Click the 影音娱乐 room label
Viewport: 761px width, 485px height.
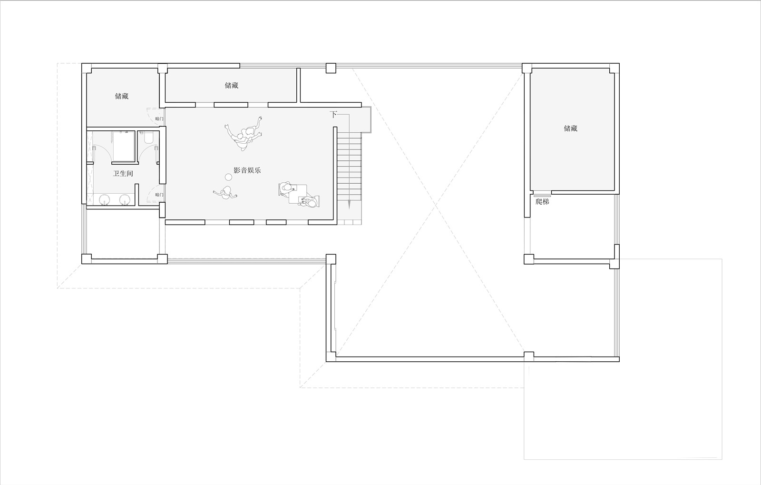[x=247, y=170]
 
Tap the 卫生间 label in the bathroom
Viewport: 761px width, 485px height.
[x=123, y=174]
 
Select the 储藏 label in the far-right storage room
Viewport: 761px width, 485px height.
[x=571, y=128]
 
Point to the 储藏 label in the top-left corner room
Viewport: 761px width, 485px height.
[x=122, y=96]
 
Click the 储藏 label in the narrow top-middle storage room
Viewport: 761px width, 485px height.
[x=231, y=85]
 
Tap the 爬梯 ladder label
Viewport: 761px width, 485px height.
[x=542, y=201]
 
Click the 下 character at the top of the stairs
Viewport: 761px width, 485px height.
[x=333, y=115]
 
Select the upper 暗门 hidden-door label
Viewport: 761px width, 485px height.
[x=159, y=119]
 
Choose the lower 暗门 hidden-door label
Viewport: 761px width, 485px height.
[x=159, y=195]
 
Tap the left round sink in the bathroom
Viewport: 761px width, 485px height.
[x=105, y=199]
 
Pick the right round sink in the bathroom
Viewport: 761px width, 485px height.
[x=125, y=199]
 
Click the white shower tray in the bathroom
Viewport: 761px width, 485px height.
[x=124, y=147]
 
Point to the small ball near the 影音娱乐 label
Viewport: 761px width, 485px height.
[x=228, y=177]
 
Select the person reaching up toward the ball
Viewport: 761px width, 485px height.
[x=225, y=193]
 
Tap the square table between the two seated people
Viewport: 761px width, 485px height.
[x=298, y=194]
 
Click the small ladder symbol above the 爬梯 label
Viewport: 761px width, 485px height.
[x=542, y=196]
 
